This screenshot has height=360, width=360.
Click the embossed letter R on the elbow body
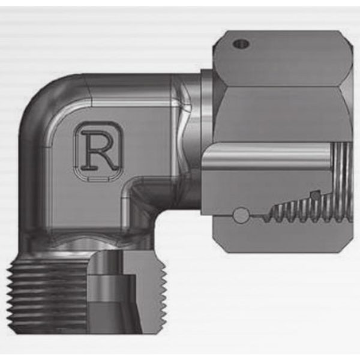(x=99, y=151)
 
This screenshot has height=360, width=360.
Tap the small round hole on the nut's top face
(x=241, y=43)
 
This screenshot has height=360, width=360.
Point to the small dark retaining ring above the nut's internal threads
(x=316, y=195)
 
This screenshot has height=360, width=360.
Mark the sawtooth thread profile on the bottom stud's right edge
(x=164, y=298)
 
